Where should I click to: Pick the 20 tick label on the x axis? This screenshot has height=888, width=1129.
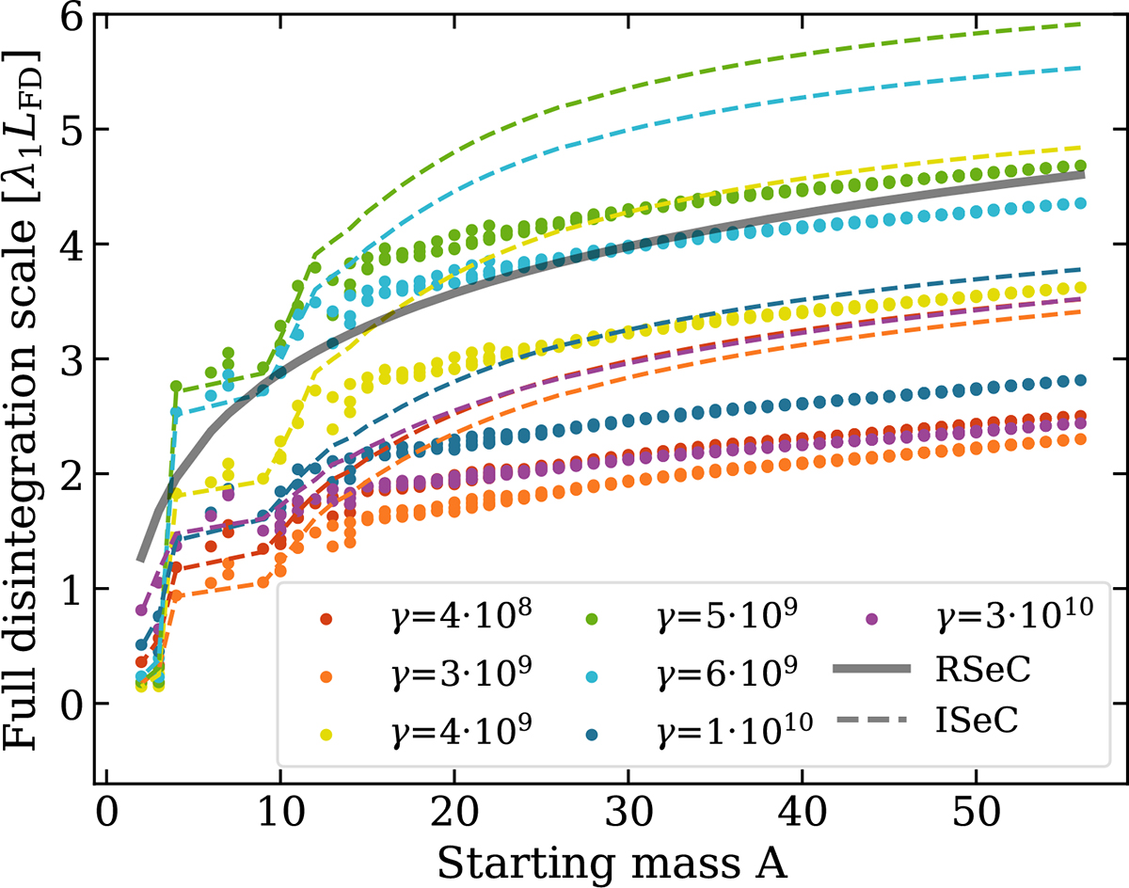(454, 807)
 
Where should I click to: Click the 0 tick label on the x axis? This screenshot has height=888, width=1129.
(106, 807)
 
